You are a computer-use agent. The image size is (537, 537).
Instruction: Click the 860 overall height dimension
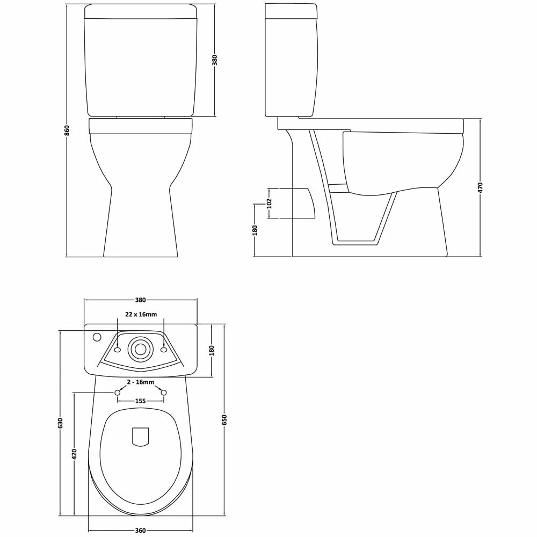coord(67,130)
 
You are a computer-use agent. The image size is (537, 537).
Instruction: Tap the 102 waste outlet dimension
coord(269,204)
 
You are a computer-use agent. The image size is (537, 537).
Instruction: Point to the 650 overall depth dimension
coord(224,419)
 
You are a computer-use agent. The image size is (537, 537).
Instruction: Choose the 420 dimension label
coord(75,454)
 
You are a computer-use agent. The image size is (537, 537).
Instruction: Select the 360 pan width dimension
coord(140,531)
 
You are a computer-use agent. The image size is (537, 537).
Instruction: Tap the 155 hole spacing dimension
coord(140,401)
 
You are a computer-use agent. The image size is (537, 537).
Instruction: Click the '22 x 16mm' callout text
coord(141,314)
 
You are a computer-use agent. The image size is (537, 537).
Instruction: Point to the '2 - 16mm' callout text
coord(140,382)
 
